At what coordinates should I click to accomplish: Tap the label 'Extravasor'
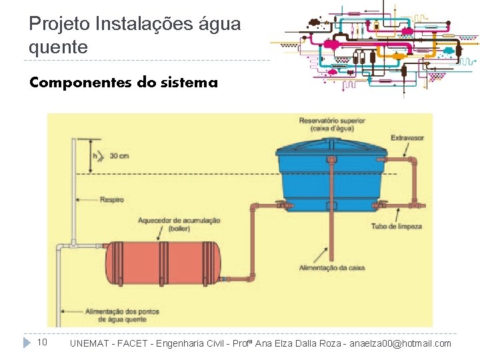pos(407,138)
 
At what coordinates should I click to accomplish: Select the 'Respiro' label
pos(111,199)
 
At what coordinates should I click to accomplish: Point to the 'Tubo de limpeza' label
pos(397,227)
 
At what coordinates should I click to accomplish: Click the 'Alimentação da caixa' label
pos(331,267)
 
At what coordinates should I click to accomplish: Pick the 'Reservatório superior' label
pos(331,125)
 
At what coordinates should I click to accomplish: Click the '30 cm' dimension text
pos(119,156)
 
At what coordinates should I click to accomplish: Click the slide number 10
pos(41,343)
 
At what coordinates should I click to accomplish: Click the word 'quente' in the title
pos(58,47)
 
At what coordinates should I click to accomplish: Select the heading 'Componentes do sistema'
pos(123,83)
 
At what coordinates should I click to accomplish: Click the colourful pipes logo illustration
pos(377,47)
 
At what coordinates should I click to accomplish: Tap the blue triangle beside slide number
pos(27,343)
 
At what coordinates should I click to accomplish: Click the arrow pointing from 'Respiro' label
pos(86,199)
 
